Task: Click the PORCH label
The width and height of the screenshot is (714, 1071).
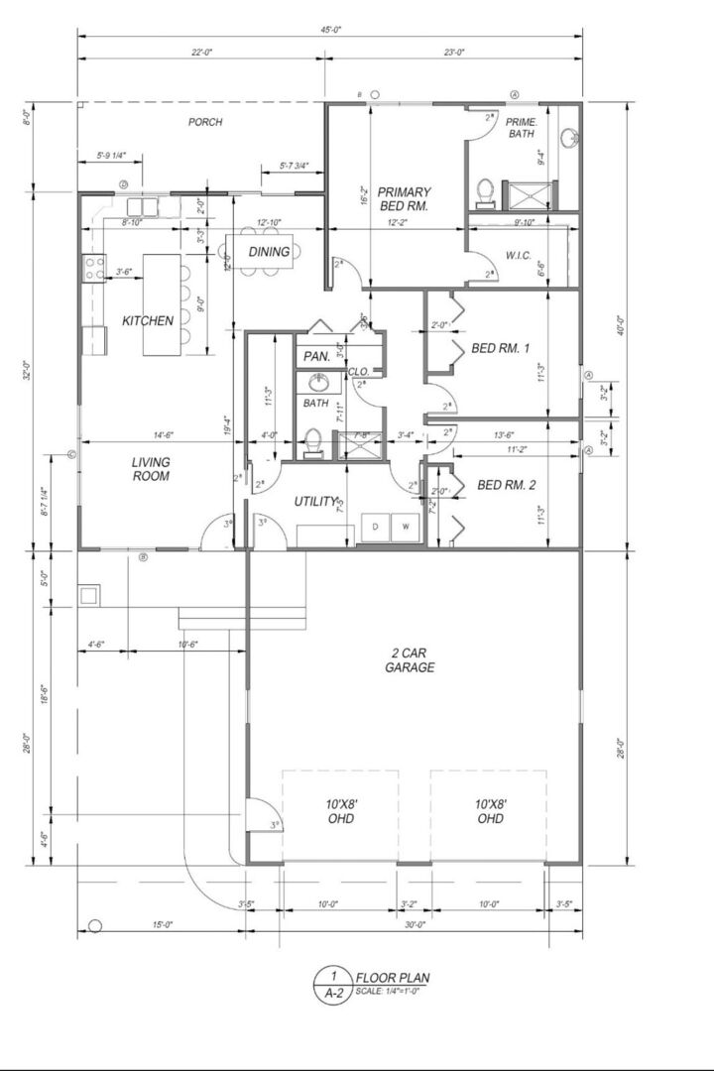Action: point(205,122)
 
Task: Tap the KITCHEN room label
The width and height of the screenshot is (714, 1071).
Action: point(148,320)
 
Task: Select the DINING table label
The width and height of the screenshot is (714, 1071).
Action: point(269,252)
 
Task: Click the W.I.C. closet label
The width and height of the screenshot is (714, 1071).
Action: point(519,255)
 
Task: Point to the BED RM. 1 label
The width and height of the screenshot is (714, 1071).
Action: point(501,348)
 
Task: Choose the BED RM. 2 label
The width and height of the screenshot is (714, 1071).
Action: point(506,485)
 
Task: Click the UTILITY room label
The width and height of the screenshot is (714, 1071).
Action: point(316,502)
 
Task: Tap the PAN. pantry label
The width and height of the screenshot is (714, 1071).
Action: point(316,355)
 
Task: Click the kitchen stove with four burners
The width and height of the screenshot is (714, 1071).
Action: point(95,267)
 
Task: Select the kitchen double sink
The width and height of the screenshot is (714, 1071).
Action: point(143,207)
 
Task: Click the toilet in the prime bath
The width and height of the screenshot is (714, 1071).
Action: point(486,189)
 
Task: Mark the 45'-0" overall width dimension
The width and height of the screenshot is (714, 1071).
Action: point(330,30)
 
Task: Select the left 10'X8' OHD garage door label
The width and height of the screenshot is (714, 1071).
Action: point(340,810)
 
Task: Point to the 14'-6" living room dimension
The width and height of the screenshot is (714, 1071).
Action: point(164,435)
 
